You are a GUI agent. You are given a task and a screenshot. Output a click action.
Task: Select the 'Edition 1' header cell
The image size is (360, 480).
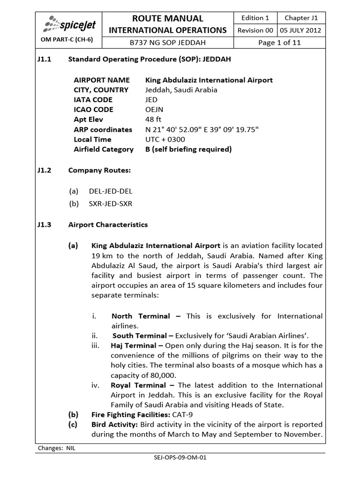pyautogui.click(x=255, y=18)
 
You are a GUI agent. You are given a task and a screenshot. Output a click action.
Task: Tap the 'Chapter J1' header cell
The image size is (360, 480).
pyautogui.click(x=301, y=18)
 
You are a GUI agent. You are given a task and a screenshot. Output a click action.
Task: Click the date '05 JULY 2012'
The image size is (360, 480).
pyautogui.click(x=301, y=30)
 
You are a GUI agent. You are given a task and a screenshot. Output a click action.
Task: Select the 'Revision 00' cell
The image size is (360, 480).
pyautogui.click(x=255, y=30)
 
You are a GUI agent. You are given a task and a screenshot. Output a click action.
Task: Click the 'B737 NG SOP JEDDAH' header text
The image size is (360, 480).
pyautogui.click(x=167, y=42)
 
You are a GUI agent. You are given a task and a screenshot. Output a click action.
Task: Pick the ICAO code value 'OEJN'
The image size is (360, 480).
pyautogui.click(x=154, y=110)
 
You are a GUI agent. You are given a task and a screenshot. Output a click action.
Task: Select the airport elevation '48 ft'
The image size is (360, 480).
pyautogui.click(x=153, y=120)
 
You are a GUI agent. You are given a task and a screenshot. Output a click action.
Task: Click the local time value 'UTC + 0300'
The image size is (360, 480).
pyautogui.click(x=165, y=139)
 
